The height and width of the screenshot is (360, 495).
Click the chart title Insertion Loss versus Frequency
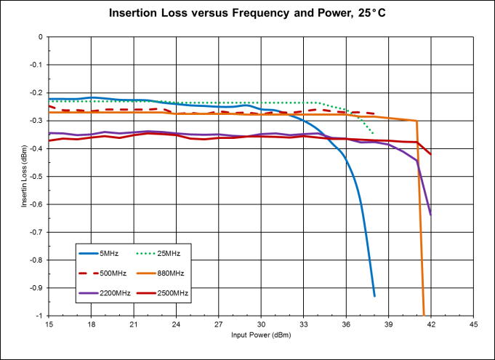tap(247, 13)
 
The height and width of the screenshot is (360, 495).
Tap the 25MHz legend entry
tap(168, 253)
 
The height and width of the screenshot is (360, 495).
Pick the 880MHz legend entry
tap(170, 273)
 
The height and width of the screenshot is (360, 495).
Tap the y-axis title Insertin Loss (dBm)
tap(24, 176)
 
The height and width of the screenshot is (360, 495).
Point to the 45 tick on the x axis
tap(473, 324)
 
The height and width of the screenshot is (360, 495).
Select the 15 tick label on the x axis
tap(49, 324)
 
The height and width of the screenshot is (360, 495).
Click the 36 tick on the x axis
tap(346, 324)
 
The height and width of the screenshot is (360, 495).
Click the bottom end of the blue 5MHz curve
tap(374, 296)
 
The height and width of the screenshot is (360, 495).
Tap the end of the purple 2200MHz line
tap(430, 215)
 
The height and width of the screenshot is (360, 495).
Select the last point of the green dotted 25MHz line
tap(374, 134)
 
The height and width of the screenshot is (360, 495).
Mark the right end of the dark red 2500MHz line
tap(430, 154)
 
